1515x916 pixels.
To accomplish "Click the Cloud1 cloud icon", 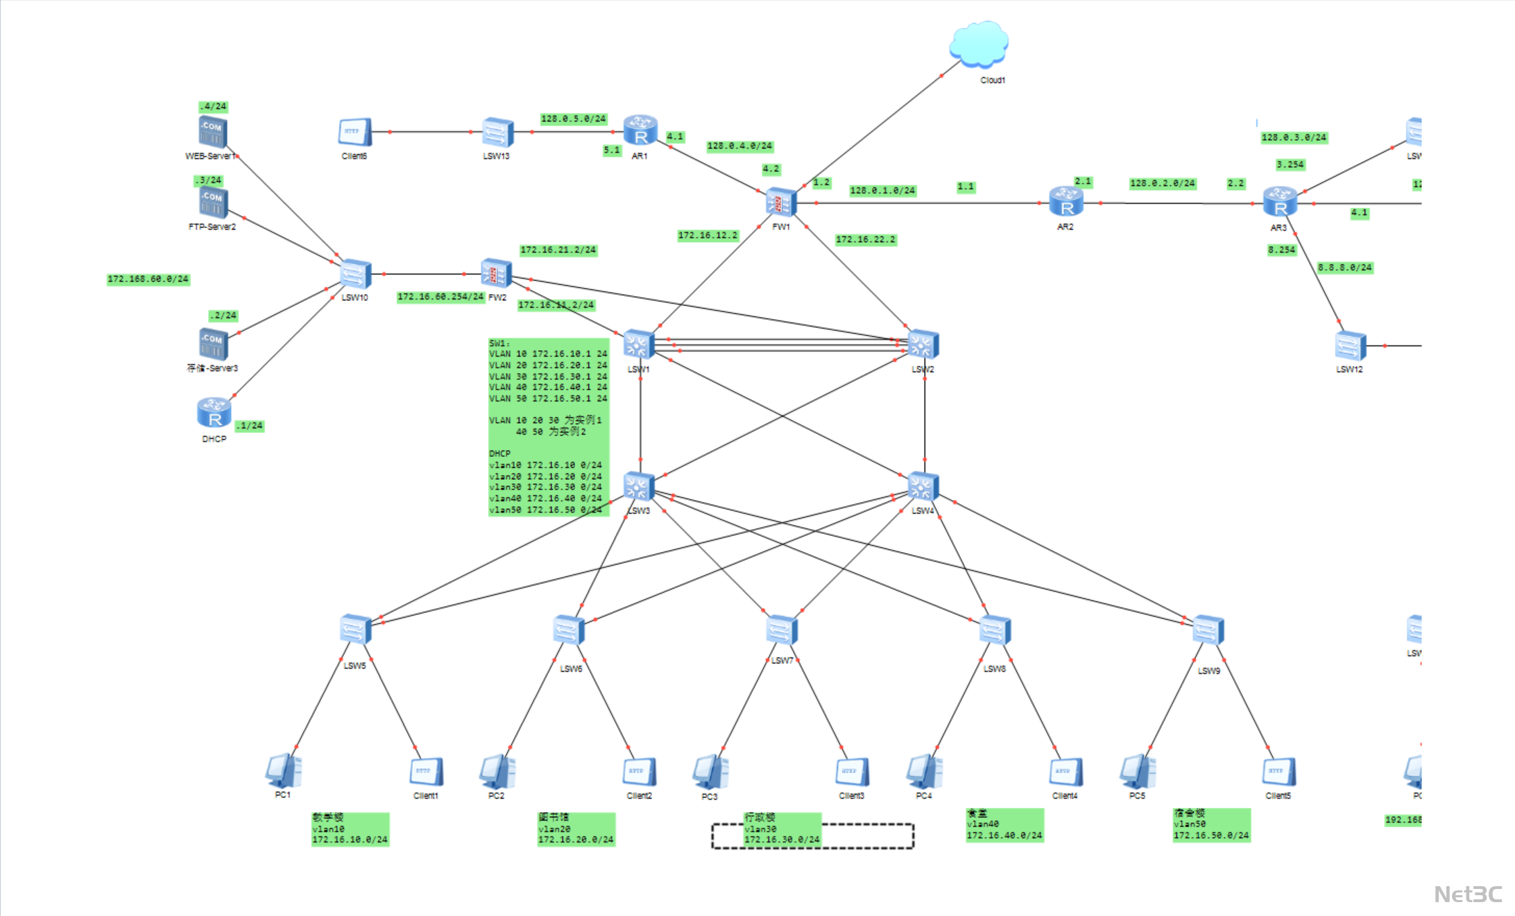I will [979, 44].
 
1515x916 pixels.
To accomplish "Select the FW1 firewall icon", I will [781, 203].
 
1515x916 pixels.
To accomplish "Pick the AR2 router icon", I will [1066, 202].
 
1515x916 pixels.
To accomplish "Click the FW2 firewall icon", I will [496, 274].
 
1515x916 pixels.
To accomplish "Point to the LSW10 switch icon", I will [355, 275].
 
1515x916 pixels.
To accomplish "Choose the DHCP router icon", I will [214, 414].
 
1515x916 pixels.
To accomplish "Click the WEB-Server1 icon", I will [212, 132].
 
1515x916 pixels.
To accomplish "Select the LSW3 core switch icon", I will [638, 486].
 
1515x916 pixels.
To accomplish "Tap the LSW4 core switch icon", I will [923, 486].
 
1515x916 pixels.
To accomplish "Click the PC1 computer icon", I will [283, 771].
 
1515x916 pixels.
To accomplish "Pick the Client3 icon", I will [852, 772].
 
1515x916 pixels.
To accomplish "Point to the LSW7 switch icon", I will [782, 630].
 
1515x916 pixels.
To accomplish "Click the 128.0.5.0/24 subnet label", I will [573, 119].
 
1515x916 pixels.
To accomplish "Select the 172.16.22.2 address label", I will [865, 240].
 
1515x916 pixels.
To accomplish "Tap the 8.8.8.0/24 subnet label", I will [1344, 268].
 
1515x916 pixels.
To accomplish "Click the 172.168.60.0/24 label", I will [148, 279].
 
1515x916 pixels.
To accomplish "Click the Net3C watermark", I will [1467, 895].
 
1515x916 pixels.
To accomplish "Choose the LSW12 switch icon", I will [1350, 346].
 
